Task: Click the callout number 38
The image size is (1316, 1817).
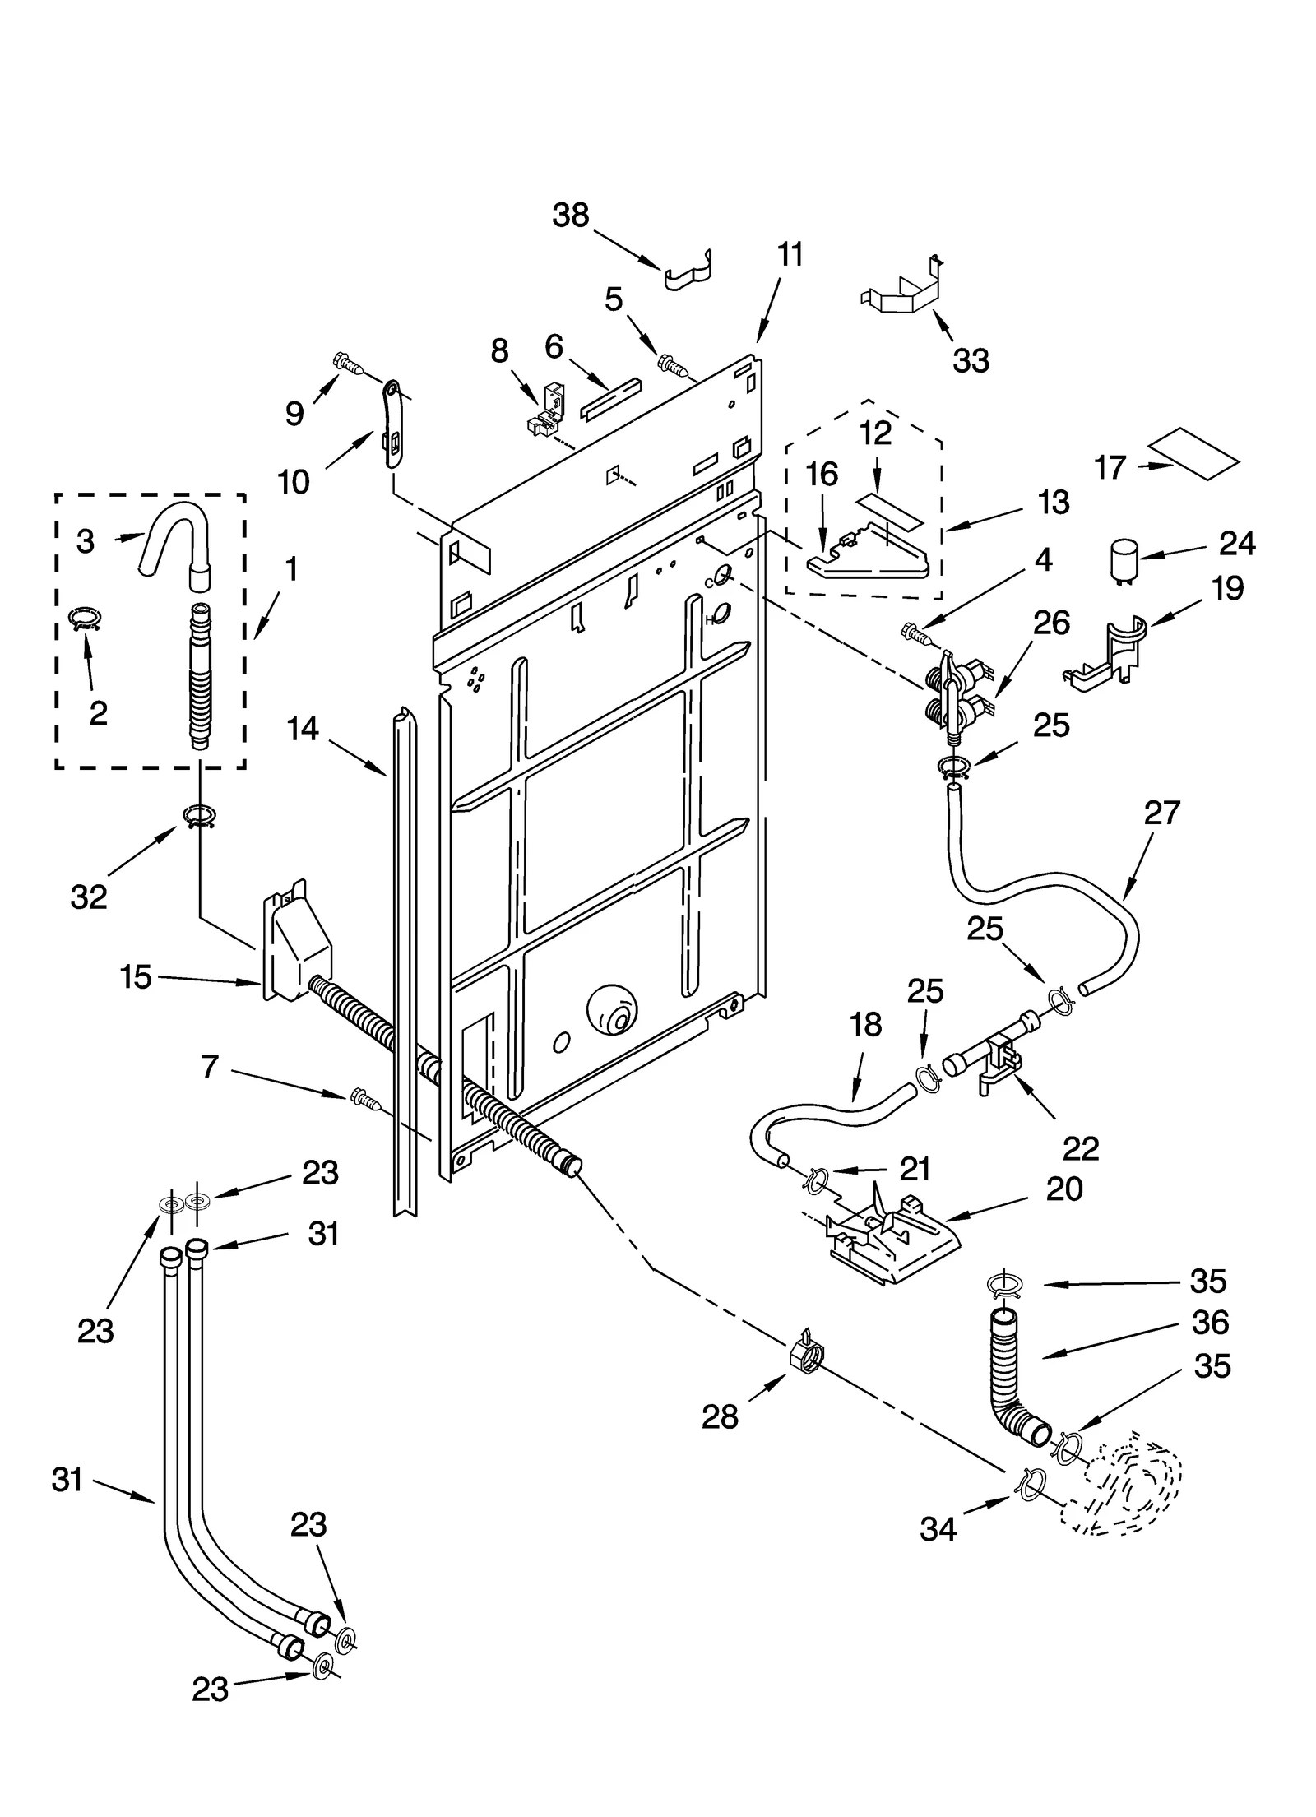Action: coord(571,215)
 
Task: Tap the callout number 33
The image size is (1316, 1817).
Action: coord(971,360)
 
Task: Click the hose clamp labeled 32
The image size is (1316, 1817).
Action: coord(198,817)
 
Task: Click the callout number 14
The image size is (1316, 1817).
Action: coord(303,728)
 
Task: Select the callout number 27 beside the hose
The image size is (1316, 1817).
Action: coord(1161,813)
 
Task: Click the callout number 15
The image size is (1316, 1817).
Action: coord(137,977)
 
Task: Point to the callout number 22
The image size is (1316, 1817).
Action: coord(1080,1149)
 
